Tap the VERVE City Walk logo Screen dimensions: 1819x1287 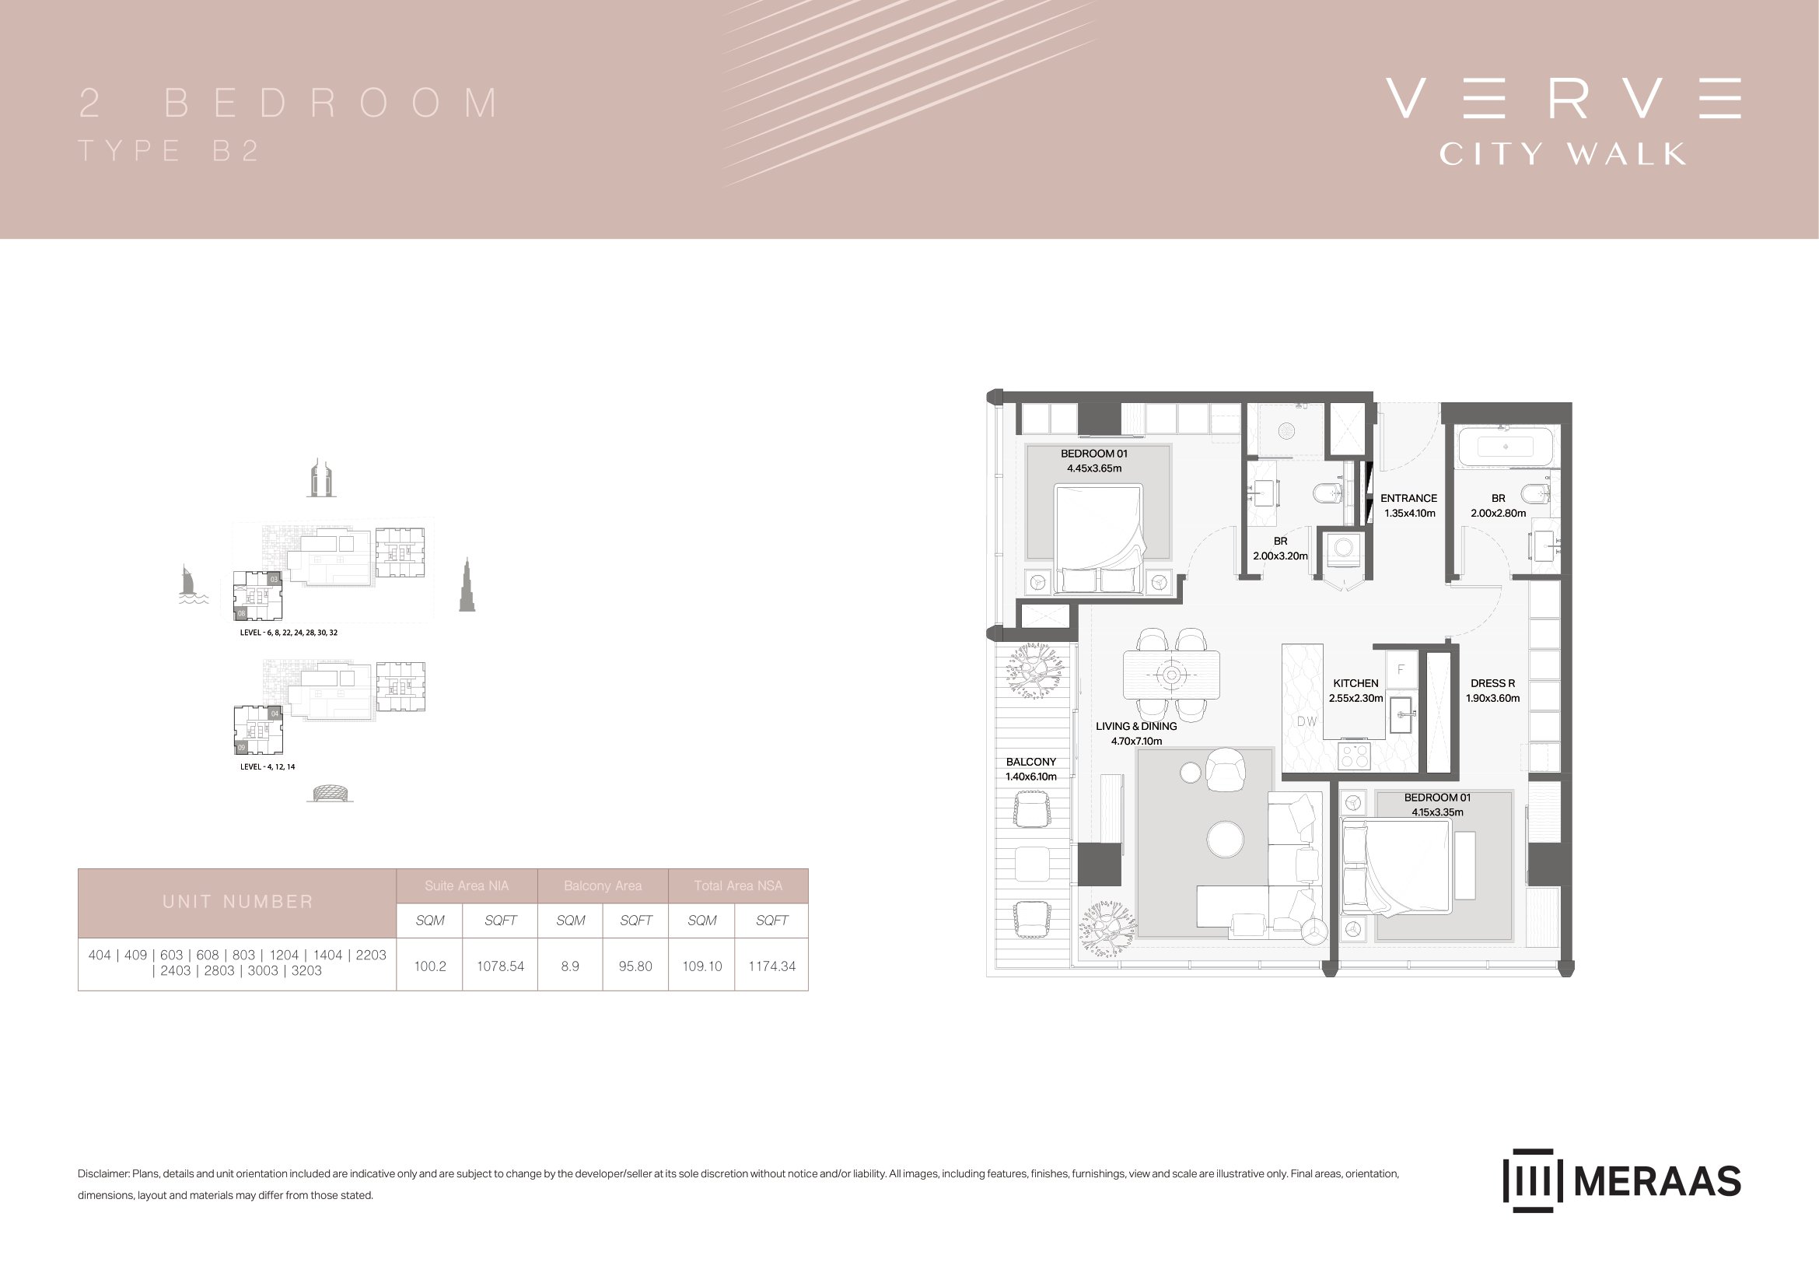click(x=1563, y=121)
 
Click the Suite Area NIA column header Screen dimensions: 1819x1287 click(x=467, y=886)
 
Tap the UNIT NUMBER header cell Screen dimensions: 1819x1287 click(x=238, y=903)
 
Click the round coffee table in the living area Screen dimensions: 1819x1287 click(x=1225, y=839)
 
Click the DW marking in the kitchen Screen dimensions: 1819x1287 click(x=1307, y=721)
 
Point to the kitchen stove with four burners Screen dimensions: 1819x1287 click(x=1353, y=755)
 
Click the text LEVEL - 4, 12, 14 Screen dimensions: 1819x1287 click(x=268, y=767)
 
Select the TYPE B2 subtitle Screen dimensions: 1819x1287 click(x=169, y=151)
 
